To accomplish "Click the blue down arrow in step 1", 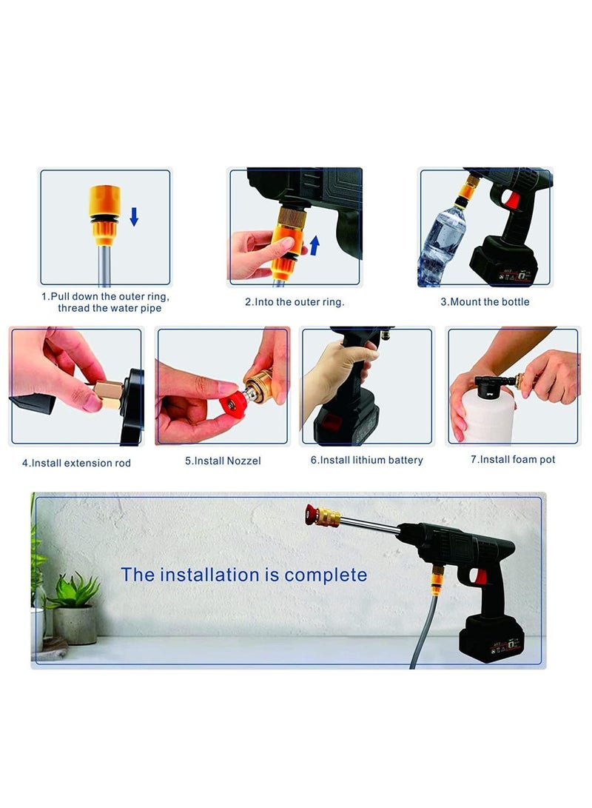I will (134, 216).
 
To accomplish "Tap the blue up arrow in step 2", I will (314, 245).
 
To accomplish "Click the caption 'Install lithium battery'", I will (366, 460).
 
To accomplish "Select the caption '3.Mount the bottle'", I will (485, 301).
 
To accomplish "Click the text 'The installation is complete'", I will (243, 575).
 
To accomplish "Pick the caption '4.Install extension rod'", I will (76, 463).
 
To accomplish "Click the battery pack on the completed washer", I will (491, 638).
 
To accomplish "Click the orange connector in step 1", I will (104, 212).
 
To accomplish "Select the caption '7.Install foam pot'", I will (513, 460).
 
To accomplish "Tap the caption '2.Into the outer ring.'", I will (295, 301).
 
